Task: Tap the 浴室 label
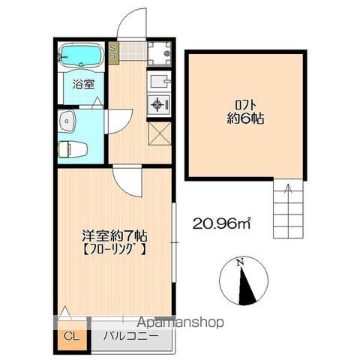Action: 83,85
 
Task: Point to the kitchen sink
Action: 159,80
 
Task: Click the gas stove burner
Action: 159,104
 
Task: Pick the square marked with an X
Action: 160,135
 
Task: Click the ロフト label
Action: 245,104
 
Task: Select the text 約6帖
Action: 245,118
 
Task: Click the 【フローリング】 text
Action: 114,247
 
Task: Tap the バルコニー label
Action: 131,335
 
